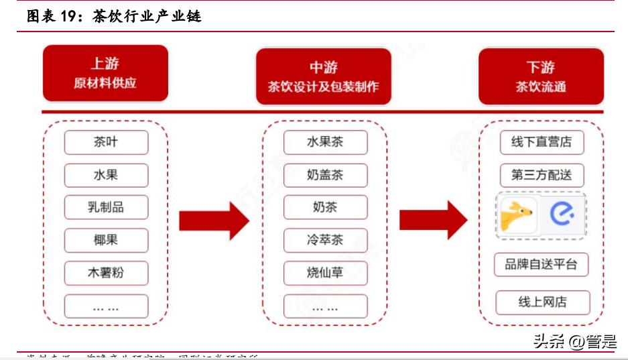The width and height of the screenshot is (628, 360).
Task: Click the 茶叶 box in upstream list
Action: [106, 142]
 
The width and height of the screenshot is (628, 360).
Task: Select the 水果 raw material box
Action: [106, 175]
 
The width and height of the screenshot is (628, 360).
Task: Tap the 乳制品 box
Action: [106, 207]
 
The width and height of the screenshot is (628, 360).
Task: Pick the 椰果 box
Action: [106, 240]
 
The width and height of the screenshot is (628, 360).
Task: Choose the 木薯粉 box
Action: [106, 273]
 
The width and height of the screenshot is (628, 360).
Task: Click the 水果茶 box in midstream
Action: [325, 142]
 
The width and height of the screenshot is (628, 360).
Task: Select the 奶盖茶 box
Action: [325, 175]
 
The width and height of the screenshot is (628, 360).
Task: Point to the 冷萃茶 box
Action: [325, 240]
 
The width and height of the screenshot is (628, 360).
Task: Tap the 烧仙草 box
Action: [325, 273]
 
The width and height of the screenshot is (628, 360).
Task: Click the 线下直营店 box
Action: [542, 142]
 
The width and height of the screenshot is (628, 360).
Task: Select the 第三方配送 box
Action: [542, 175]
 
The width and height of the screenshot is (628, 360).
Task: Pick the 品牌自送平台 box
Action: [541, 264]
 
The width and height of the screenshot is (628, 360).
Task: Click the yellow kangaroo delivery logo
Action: [518, 215]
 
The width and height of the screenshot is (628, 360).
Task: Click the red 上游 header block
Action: [105, 74]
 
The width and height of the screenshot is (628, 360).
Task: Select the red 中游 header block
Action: [323, 76]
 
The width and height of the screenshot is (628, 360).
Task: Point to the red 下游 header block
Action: [540, 76]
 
